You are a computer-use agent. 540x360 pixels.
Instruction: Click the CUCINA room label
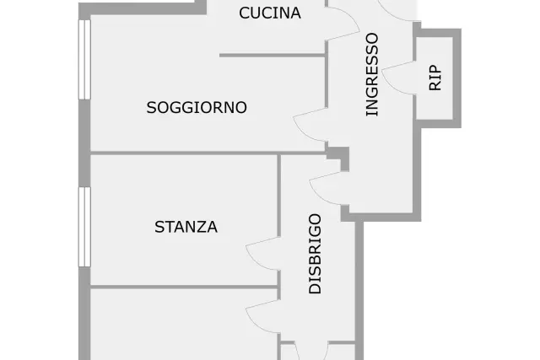[270, 13]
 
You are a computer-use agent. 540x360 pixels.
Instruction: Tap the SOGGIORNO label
[197, 107]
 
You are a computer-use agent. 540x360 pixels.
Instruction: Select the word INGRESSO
[372, 74]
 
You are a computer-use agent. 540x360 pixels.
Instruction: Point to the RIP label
[435, 78]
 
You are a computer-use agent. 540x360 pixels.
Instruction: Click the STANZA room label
[186, 227]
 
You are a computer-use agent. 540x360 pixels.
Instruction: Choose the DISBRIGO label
[315, 254]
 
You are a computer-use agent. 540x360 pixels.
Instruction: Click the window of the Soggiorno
[84, 60]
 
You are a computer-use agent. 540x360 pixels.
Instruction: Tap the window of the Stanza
[84, 227]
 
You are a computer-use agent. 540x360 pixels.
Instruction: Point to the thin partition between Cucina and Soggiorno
[273, 55]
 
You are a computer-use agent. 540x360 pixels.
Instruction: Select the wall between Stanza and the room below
[184, 287]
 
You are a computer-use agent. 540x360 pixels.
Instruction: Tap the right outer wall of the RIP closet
[457, 78]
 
